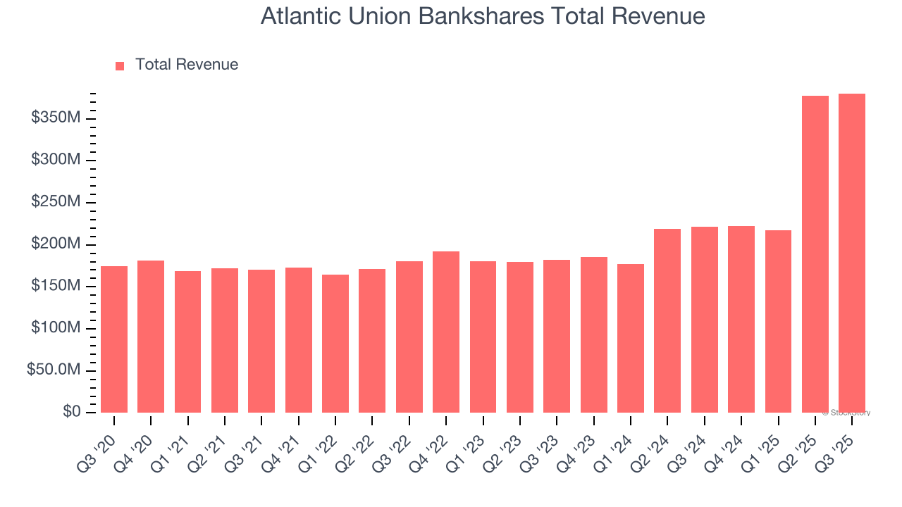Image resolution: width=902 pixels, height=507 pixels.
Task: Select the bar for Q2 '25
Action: click(815, 254)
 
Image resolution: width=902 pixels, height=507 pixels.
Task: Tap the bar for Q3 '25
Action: click(852, 253)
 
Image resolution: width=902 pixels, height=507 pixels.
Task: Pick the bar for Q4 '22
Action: click(446, 332)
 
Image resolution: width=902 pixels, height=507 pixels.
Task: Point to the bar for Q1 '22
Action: click(335, 344)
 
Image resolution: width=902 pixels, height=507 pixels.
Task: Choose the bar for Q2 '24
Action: click(667, 320)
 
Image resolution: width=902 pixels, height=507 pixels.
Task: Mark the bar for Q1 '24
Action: click(631, 338)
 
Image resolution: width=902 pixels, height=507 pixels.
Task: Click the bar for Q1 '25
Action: click(778, 321)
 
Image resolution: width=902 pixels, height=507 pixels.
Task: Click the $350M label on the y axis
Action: click(56, 118)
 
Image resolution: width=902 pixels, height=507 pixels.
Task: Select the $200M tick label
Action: click(56, 244)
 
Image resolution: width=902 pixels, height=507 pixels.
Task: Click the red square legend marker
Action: click(120, 65)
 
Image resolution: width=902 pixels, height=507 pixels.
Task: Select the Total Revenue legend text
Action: click(187, 65)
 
